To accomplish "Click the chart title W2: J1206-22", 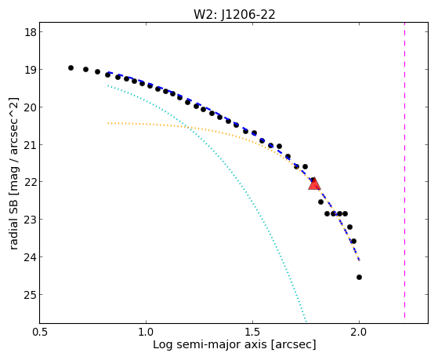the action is [234, 14].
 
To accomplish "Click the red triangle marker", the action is [314, 184].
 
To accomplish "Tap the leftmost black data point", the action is [71, 67].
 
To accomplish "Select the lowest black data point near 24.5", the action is [359, 277].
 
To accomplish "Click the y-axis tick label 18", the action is [31, 32].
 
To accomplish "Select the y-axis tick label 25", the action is [31, 295].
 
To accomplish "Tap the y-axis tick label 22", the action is [31, 182].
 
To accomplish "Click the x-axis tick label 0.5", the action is [40, 332].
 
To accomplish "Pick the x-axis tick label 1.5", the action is [252, 332].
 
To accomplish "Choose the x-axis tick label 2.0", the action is [359, 332].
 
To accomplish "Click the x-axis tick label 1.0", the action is [146, 332].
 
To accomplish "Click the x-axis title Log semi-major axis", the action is [210, 344].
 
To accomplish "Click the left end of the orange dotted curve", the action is [108, 123].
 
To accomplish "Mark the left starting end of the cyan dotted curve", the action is [108, 85].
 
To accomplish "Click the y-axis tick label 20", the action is [31, 107].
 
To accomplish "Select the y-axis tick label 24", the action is [31, 257].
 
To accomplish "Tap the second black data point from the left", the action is [85, 69].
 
